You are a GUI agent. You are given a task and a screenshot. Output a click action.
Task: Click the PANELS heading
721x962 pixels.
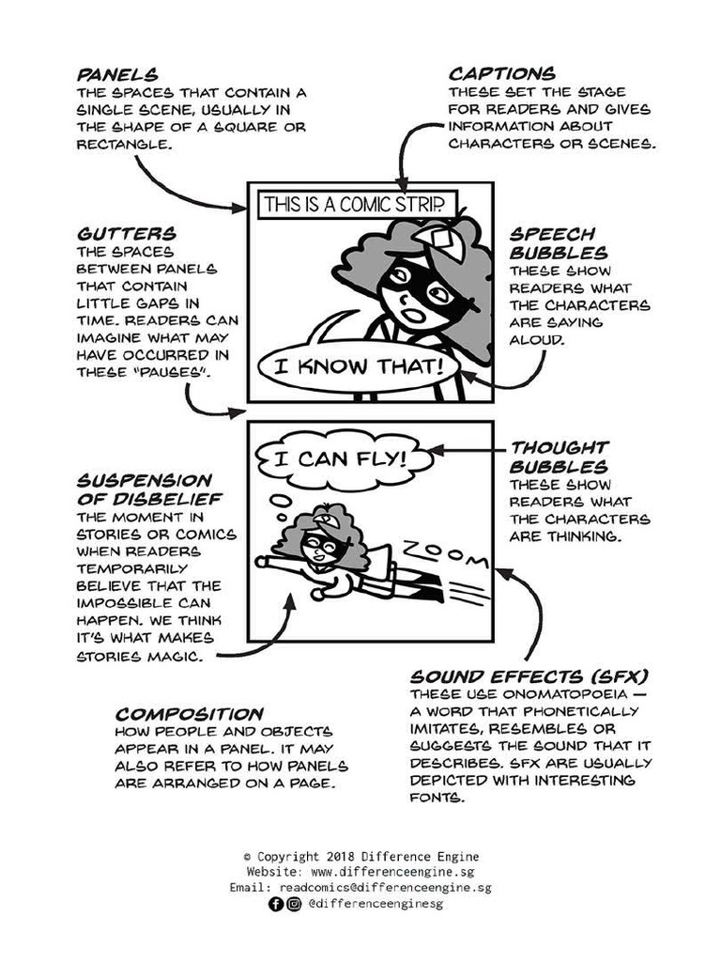117,73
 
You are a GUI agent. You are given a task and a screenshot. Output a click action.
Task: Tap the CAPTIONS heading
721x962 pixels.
501,73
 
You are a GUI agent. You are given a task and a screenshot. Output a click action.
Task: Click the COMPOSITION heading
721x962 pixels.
190,714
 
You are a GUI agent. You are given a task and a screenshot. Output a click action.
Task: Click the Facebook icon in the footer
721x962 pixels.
275,904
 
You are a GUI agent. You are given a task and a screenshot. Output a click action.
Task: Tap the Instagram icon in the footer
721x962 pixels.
294,904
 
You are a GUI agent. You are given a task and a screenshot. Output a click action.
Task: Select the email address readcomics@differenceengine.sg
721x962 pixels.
394,888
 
